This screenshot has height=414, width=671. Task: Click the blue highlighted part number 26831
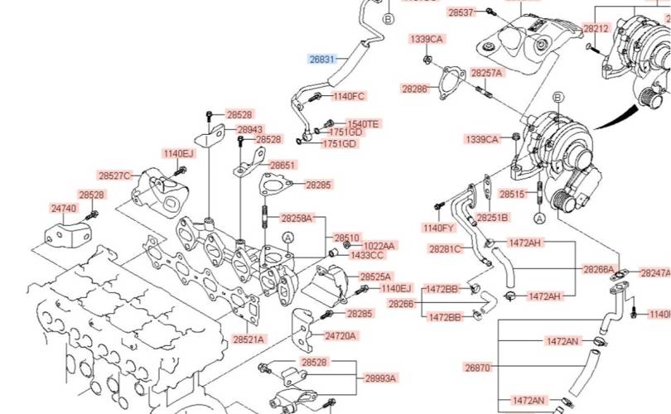click(x=322, y=60)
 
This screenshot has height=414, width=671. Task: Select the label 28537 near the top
click(x=461, y=12)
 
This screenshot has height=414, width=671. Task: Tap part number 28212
click(x=596, y=28)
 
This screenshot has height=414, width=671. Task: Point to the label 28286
click(x=415, y=88)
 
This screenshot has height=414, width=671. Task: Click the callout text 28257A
click(x=486, y=73)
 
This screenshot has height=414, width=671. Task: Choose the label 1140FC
click(x=348, y=96)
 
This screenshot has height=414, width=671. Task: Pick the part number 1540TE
click(x=362, y=123)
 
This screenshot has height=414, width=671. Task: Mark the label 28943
click(x=250, y=130)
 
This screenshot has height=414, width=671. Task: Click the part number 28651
click(x=282, y=165)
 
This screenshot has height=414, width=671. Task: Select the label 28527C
click(x=114, y=176)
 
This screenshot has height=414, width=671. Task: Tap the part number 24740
click(x=64, y=209)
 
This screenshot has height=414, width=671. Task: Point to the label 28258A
click(x=297, y=219)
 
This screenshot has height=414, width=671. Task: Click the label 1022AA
click(x=379, y=246)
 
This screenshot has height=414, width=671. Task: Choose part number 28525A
click(x=375, y=276)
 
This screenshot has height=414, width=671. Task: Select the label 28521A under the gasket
click(x=249, y=339)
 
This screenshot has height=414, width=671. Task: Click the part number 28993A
click(x=380, y=378)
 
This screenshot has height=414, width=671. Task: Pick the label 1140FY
click(x=438, y=228)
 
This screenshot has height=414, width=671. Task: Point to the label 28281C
click(x=445, y=248)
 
